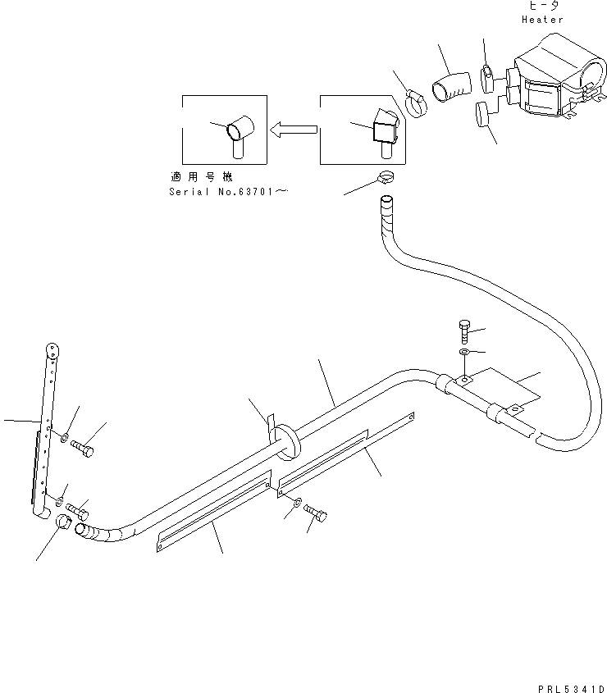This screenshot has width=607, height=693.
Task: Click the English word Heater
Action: (x=542, y=19)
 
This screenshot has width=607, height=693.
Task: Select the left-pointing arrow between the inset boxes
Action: (x=293, y=128)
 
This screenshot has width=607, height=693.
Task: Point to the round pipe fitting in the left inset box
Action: (x=240, y=130)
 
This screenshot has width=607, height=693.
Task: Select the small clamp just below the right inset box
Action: (x=388, y=177)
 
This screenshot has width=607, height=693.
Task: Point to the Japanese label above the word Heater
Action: (x=542, y=6)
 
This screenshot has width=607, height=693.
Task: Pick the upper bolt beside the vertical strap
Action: (x=84, y=448)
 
